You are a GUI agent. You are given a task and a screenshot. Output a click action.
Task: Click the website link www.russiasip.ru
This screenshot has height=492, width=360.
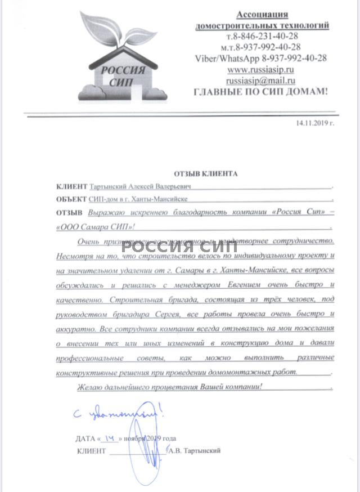[x=260, y=69]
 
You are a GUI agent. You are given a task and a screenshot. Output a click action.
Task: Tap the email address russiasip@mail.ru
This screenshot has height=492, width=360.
[x=260, y=80]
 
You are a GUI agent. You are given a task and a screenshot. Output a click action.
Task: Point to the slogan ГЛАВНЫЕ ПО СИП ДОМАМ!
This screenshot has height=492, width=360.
[x=260, y=91]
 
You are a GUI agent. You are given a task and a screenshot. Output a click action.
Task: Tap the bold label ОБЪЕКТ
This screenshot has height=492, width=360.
[x=71, y=199]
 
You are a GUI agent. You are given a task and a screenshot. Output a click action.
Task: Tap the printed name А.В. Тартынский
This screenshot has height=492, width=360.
[x=195, y=450]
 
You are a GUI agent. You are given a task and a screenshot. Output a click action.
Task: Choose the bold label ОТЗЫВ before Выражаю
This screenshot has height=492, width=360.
[x=69, y=212]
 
